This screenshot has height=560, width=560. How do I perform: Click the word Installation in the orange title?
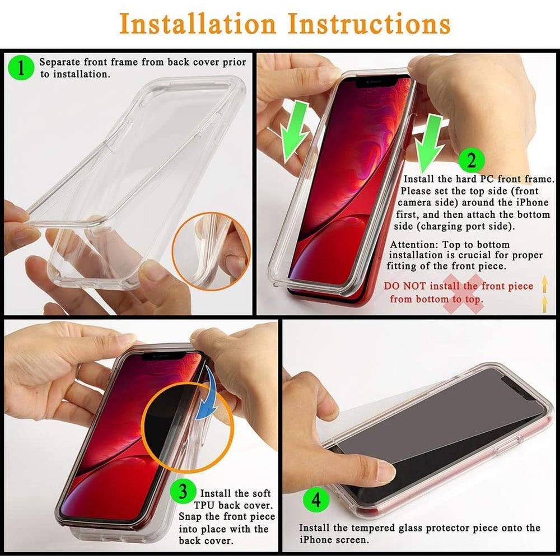tap(198, 24)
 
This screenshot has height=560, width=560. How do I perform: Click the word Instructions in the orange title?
tap(369, 24)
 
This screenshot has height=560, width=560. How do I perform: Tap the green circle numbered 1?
tap(21, 67)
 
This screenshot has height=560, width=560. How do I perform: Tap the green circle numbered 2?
tap(471, 160)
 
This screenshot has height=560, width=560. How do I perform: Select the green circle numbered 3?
tap(183, 491)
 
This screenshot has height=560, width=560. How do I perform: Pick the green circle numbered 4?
tap(316, 500)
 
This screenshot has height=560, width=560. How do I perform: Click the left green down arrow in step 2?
tap(294, 132)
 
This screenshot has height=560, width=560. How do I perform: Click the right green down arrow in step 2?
tap(430, 143)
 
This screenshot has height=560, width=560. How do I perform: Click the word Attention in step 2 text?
tap(414, 245)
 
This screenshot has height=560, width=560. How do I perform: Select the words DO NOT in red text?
tap(405, 286)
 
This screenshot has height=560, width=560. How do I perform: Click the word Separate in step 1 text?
tap(59, 62)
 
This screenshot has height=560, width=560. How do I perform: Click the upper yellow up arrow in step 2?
tap(544, 283)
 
